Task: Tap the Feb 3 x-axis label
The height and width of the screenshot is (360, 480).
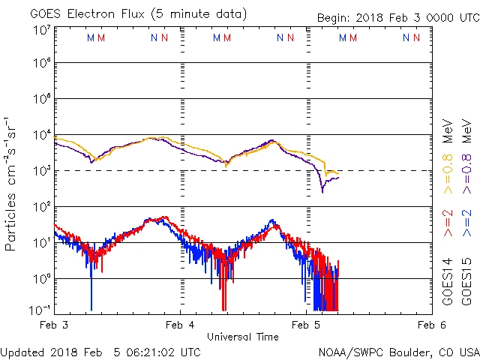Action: pyautogui.click(x=55, y=325)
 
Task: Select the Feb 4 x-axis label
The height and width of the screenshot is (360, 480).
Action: pyautogui.click(x=180, y=325)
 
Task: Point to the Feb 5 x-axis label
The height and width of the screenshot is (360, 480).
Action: pyautogui.click(x=305, y=325)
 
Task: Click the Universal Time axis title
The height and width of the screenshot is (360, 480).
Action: pyautogui.click(x=242, y=337)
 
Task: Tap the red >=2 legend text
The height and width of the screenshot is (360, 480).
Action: pyautogui.click(x=447, y=224)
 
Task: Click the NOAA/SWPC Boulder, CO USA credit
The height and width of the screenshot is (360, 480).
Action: pyautogui.click(x=398, y=352)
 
